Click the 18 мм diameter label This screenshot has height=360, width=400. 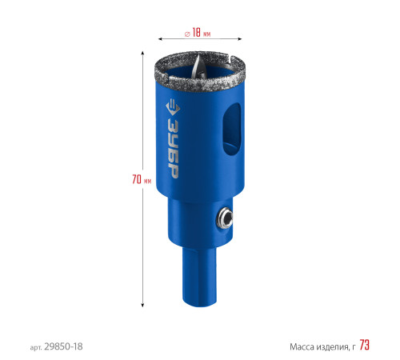pos(201,33)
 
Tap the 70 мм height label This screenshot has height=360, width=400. pos(142,179)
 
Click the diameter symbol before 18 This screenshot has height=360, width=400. pos(187,34)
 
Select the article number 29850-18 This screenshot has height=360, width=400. pos(63,346)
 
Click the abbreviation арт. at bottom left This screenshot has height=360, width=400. pos(36,347)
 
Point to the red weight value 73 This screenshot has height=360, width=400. pos(364,345)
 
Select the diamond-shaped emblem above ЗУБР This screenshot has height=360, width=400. pos(173,107)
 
